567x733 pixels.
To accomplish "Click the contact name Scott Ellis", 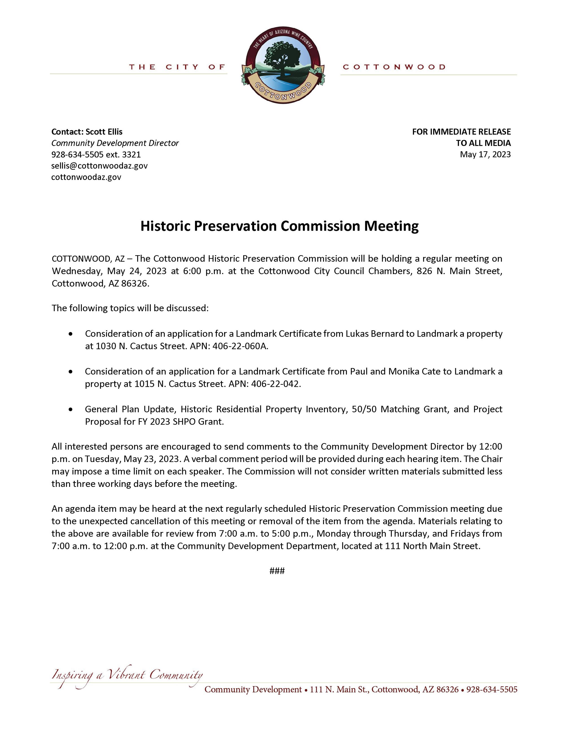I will tap(104, 132).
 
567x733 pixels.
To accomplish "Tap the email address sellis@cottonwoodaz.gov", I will tap(99, 166).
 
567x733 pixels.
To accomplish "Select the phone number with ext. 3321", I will tap(96, 154).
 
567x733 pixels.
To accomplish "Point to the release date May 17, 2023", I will tap(485, 154).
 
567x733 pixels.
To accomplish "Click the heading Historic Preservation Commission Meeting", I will tap(279, 226).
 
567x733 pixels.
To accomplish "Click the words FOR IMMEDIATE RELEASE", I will tap(461, 132).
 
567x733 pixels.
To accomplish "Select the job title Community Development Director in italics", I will tap(115, 143).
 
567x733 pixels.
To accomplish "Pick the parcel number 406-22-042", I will tap(275, 384).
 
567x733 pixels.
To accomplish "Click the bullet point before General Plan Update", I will tap(70, 409).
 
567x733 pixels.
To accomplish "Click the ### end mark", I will tap(277, 571).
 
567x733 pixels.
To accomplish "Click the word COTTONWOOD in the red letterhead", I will tap(394, 67).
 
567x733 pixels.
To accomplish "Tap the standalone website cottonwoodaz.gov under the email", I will tap(86, 177).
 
